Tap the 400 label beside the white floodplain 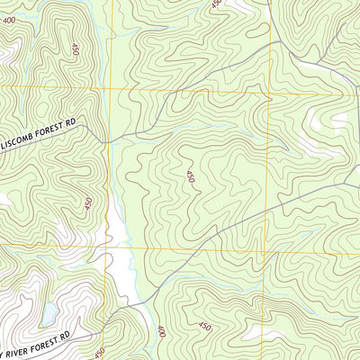(161, 331)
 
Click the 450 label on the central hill (190, 177)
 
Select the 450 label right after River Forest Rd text (99, 352)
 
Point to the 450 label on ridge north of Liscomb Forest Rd (75, 49)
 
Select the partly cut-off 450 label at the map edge (216, 4)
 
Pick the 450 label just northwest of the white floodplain (87, 204)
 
